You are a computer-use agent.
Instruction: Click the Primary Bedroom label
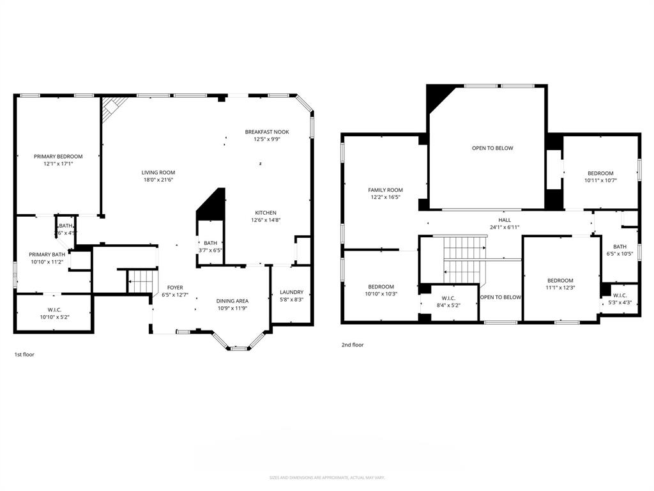[58, 157]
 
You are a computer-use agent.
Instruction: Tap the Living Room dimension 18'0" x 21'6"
[158, 180]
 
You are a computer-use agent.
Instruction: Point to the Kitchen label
[266, 212]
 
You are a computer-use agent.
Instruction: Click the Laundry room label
[291, 292]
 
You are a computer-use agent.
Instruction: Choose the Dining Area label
[232, 300]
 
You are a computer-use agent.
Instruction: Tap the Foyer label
[175, 288]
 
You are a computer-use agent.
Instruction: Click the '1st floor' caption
[24, 354]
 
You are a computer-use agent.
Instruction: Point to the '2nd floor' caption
[353, 345]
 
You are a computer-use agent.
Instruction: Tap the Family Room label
[385, 190]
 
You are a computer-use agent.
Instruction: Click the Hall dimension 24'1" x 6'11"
[505, 227]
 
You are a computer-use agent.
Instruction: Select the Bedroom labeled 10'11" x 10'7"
[600, 173]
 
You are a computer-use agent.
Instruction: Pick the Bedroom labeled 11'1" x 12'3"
[560, 280]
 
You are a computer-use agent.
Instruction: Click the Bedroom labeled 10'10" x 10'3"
[381, 286]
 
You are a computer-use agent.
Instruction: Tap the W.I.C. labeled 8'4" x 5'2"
[448, 298]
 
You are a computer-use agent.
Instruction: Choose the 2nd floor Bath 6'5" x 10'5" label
[620, 246]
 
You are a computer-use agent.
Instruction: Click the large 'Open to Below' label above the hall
[492, 148]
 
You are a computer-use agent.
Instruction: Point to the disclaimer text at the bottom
[326, 478]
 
